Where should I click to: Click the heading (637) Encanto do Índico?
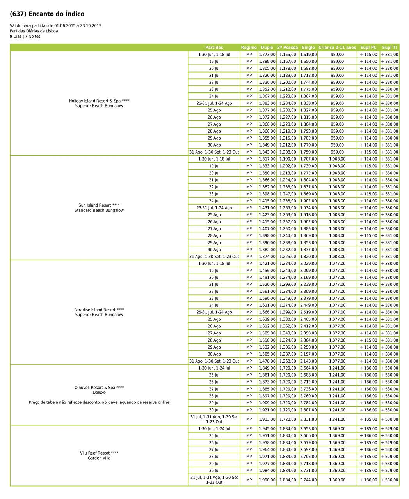point(47,14)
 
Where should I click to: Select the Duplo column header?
point(267,48)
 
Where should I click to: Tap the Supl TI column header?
point(389,48)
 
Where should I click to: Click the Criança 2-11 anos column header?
point(337,48)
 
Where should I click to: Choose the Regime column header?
point(249,48)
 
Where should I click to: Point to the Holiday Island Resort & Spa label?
point(99,101)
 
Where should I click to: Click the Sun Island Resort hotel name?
point(99,205)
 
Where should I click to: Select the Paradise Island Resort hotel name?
point(99,310)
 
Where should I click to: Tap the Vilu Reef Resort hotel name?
point(99,453)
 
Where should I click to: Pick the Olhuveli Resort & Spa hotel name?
point(99,388)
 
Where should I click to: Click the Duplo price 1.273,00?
point(267,55)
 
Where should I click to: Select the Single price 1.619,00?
point(308,55)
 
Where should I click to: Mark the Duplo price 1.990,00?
point(267,480)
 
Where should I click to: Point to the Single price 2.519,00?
point(308,312)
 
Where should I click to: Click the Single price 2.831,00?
point(308,419)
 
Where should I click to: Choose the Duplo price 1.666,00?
point(267,312)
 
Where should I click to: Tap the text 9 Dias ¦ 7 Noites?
point(25,37)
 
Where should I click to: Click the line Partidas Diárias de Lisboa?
point(34,31)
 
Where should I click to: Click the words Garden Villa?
point(99,458)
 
